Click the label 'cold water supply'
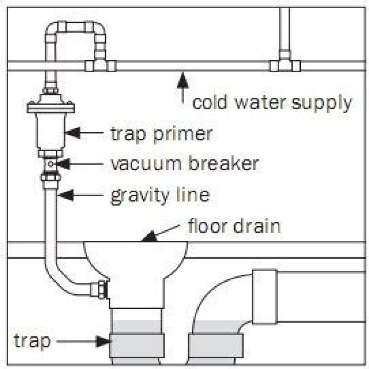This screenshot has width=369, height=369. [272, 103]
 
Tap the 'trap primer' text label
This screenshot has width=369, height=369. [160, 134]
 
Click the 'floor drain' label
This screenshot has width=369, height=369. [234, 225]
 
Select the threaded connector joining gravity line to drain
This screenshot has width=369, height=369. [101, 290]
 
